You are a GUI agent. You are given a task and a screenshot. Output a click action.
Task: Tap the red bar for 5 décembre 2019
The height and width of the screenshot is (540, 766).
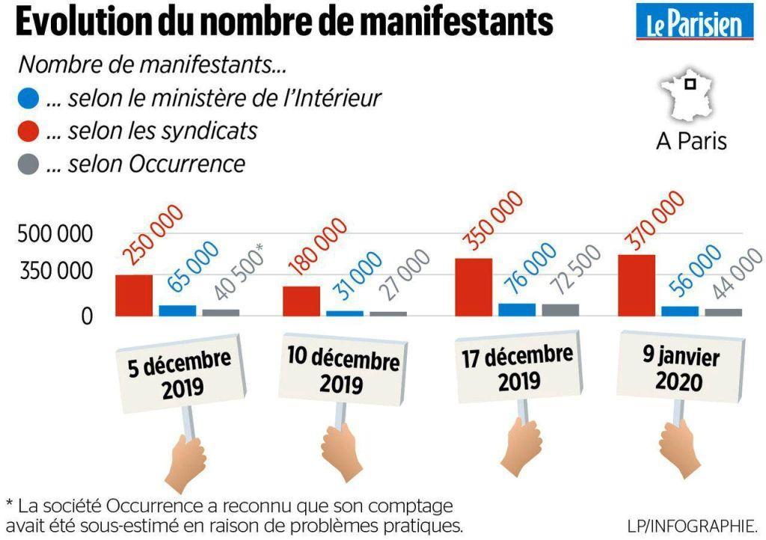134,295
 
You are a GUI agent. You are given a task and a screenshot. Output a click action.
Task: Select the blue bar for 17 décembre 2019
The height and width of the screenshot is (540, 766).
517,310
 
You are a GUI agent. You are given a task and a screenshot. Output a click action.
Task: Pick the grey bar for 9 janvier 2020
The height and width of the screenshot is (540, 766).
723,312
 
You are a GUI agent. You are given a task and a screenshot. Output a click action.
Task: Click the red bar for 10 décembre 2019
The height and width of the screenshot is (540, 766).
301,301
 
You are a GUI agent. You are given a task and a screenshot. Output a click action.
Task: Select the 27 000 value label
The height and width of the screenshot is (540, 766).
401,277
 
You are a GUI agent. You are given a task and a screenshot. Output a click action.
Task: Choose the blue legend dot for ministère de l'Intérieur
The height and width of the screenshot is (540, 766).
28,98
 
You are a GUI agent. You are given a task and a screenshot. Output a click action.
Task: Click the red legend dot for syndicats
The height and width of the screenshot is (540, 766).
28,132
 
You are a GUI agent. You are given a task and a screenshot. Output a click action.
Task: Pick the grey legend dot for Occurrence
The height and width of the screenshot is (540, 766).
28,165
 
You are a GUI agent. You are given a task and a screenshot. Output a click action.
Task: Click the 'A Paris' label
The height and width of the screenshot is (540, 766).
690,140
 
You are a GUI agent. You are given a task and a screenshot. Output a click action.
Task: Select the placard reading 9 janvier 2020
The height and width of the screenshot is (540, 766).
680,369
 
